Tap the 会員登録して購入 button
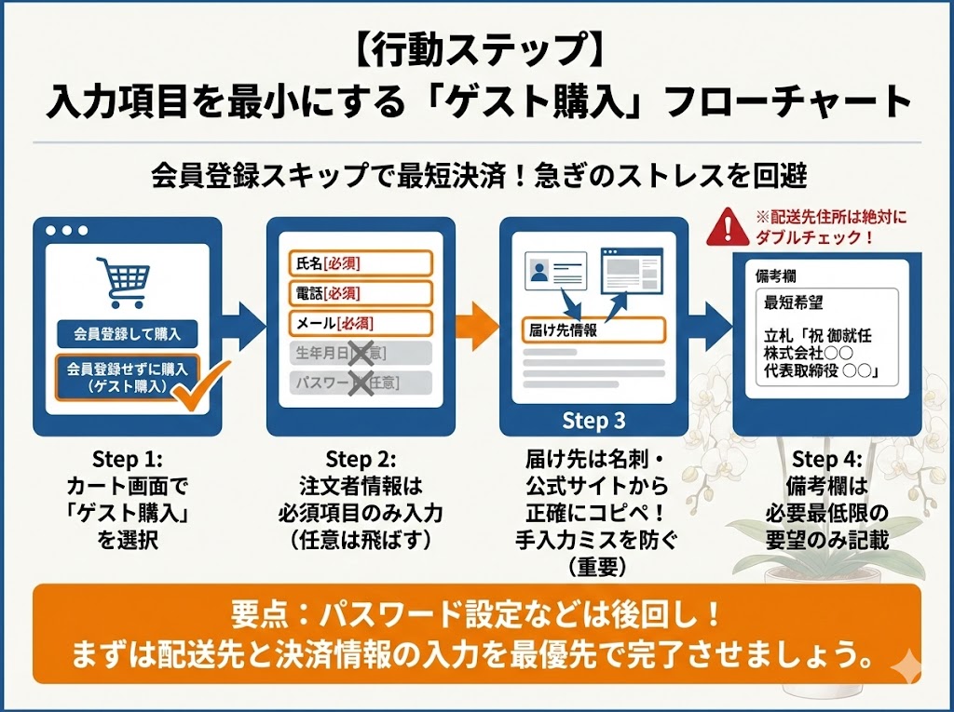pyautogui.click(x=128, y=333)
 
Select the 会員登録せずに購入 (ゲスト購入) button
pyautogui.click(x=128, y=377)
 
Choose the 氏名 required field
pyautogui.click(x=361, y=263)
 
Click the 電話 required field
pyautogui.click(x=361, y=293)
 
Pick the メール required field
pyautogui.click(x=361, y=324)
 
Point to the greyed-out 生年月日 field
pyautogui.click(x=361, y=354)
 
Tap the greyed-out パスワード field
pyautogui.click(x=361, y=383)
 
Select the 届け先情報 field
pyautogui.click(x=593, y=330)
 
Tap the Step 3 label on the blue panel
pyautogui.click(x=593, y=421)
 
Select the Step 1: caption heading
pyautogui.click(x=128, y=460)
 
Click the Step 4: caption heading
pyautogui.click(x=826, y=460)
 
